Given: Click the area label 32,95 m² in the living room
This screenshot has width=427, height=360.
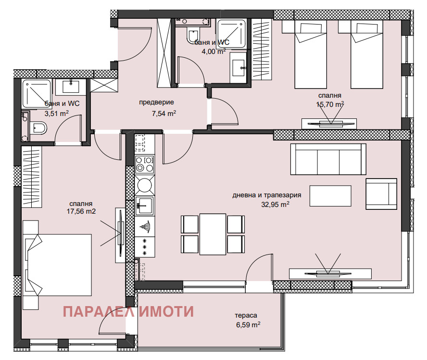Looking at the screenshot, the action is [275, 204].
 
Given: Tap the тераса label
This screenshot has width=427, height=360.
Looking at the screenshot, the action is [246, 316].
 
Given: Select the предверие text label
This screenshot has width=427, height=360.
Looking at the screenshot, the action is [156, 103].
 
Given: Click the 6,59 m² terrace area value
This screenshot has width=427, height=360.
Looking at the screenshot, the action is [248, 325].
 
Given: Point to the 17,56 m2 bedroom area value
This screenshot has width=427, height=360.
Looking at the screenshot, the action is [81, 211].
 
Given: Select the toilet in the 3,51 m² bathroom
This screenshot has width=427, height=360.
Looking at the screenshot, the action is [38, 128].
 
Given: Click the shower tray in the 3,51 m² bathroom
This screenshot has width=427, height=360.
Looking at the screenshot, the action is [37, 93].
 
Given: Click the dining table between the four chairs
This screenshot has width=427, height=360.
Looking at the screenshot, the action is [213, 234].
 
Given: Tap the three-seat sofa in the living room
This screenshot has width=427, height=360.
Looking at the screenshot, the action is [328, 159].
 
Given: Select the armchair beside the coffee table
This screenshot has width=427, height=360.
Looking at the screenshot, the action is [381, 194].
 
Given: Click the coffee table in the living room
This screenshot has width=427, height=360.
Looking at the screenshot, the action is [330, 196].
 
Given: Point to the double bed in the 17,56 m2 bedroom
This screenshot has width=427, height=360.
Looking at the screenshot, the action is [57, 265].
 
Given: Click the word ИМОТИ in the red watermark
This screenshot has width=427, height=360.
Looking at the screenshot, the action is [166, 311].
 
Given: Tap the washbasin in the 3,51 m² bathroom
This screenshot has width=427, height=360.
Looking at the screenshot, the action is [71, 87].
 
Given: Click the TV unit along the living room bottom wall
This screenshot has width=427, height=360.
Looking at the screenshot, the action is [330, 274].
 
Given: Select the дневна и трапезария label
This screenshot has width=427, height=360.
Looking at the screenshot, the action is [267, 195].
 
